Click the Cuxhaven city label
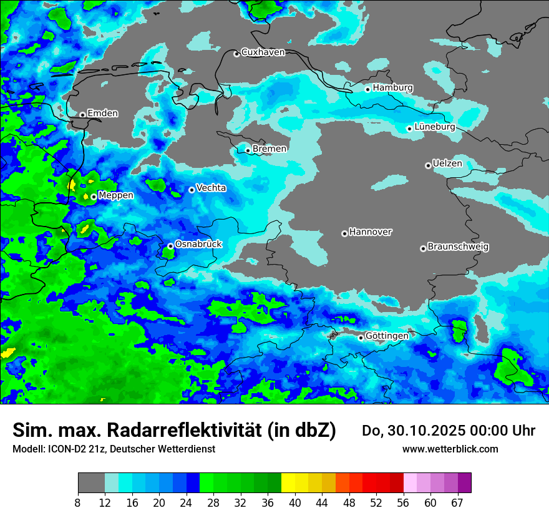click(263, 52)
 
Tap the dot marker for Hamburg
click(368, 89)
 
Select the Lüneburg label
click(434, 127)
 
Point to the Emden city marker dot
click(82, 115)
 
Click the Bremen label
click(270, 149)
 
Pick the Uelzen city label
click(447, 164)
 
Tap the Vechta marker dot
click(192, 190)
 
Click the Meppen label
click(116, 195)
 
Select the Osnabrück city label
click(198, 244)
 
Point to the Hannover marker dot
click(344, 233)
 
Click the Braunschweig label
click(458, 247)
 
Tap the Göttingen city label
click(387, 336)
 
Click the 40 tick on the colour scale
click(295, 503)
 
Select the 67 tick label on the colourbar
click(457, 503)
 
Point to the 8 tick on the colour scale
click(78, 503)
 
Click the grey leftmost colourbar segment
click(91, 483)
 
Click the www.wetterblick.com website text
click(450, 449)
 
